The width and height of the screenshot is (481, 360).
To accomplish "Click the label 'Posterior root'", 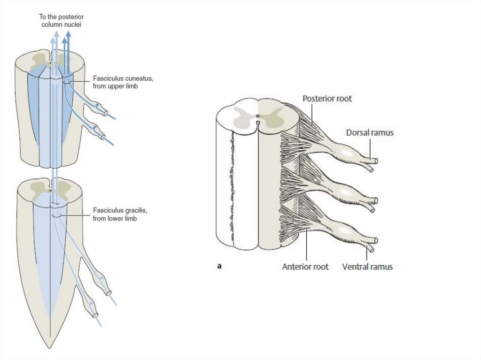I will pos(327,99).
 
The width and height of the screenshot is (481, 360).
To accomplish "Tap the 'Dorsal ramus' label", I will pos(370,133).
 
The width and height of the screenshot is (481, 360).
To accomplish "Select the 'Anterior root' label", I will pos(305,267).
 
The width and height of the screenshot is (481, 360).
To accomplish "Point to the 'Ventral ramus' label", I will pos(367,267).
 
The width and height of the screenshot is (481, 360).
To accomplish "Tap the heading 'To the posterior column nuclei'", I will pos(61,20).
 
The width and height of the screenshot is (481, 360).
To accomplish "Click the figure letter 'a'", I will pos(219,266).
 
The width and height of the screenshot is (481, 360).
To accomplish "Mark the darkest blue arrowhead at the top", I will pos(69,34).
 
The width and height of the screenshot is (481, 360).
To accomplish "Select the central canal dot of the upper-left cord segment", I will pos(50,60).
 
